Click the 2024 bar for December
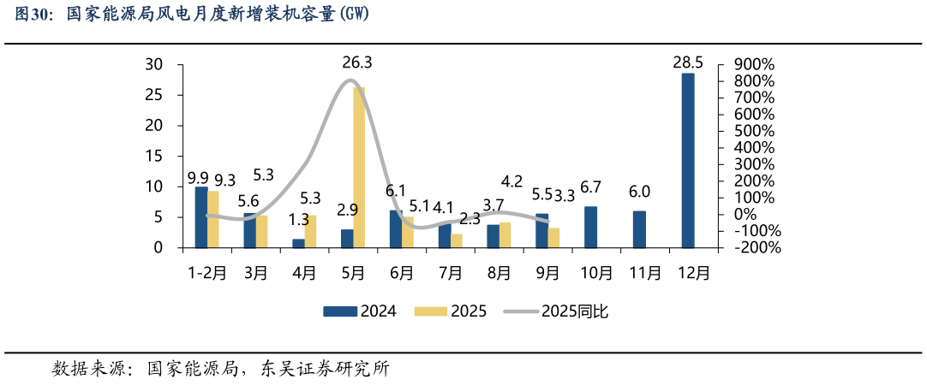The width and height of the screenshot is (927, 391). click(x=688, y=161)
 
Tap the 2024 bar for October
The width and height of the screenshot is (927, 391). click(x=591, y=228)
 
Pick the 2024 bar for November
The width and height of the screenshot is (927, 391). click(x=639, y=229)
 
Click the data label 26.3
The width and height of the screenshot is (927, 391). click(x=356, y=62)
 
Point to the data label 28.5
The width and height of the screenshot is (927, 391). click(x=688, y=62)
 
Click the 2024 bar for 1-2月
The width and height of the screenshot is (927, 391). click(x=201, y=217)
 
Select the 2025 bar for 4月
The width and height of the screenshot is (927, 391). click(x=310, y=232)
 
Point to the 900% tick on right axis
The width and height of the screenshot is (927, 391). click(x=755, y=65)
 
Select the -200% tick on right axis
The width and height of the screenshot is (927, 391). click(x=755, y=248)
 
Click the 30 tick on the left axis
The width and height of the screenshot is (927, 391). click(x=154, y=65)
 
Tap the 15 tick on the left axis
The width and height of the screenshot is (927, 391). click(x=154, y=157)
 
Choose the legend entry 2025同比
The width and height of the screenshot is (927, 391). click(x=574, y=311)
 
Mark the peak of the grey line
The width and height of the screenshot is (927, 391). click(x=350, y=80)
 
